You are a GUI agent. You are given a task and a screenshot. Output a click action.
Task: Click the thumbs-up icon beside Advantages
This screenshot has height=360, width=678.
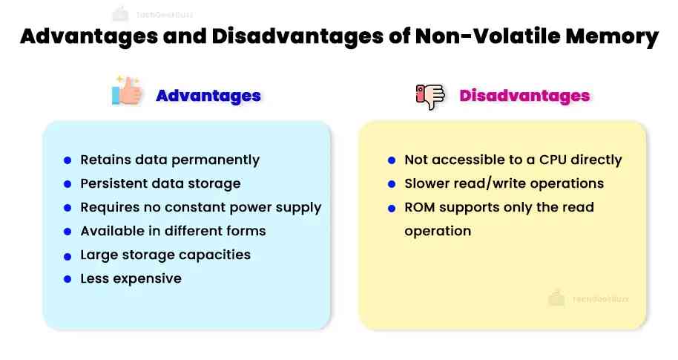(126, 93)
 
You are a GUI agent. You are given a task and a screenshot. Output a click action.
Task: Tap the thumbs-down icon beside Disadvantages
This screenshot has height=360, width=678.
(429, 96)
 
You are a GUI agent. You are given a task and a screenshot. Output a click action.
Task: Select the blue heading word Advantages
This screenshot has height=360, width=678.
(208, 96)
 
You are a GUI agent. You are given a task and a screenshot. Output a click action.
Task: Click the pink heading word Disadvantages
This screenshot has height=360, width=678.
(524, 96)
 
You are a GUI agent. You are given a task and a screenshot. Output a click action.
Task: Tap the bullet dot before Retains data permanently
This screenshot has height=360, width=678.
(68, 160)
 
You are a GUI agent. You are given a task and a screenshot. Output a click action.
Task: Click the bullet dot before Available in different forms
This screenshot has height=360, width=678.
(68, 232)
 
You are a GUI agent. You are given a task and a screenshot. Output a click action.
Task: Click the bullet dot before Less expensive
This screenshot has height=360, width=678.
(68, 279)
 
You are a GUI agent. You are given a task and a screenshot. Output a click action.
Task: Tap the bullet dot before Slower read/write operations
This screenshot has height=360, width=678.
(392, 184)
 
